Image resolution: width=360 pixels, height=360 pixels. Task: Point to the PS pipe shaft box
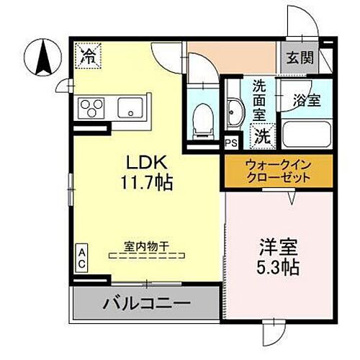tap(231, 143)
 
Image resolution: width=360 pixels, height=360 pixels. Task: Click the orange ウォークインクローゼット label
tap(278, 170)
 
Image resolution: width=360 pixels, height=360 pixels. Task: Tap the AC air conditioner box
tap(82, 257)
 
